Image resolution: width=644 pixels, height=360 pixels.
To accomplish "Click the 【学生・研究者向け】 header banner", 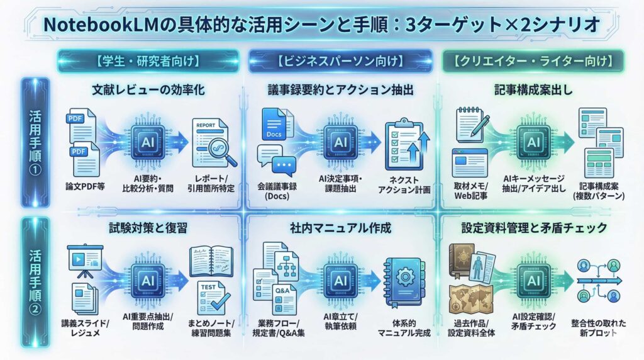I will (148, 62).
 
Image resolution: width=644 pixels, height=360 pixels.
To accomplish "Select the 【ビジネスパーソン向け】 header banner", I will (340, 62).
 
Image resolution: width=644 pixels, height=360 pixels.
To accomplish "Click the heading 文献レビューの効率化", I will (148, 91).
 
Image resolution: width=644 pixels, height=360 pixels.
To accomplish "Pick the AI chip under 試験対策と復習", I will (148, 279).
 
